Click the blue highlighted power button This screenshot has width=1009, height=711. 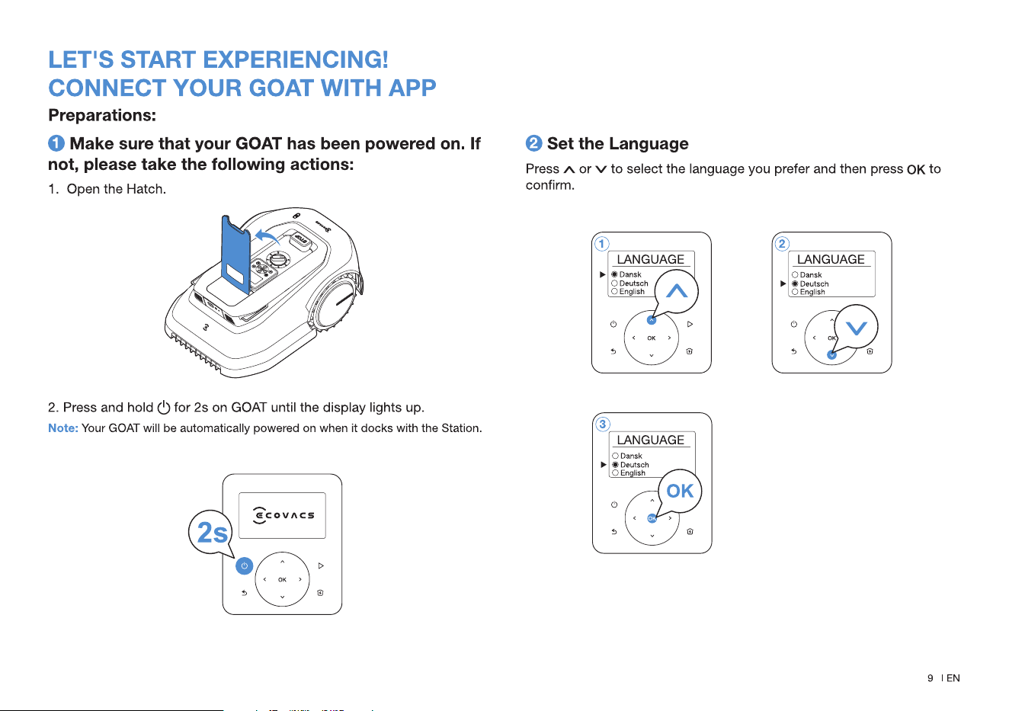pos(244,566)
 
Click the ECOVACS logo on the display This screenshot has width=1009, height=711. pos(283,515)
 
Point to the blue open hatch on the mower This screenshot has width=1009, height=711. pos(235,255)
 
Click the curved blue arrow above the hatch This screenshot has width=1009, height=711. pos(267,236)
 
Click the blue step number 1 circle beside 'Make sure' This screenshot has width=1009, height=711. pos(56,143)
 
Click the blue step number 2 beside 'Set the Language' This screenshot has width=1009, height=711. pos(533,143)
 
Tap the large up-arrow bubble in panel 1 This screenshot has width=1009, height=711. pos(676,292)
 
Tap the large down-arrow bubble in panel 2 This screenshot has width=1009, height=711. pos(856,328)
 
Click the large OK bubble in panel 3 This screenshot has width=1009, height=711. pos(680,491)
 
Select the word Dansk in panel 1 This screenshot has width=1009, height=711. pos(630,274)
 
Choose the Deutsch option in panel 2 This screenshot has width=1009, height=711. pos(814,283)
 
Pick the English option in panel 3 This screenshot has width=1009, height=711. pos(633,472)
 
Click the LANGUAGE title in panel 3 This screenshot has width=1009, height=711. pos(651,440)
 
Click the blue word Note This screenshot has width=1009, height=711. pos(63,428)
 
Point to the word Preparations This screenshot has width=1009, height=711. pos(102,115)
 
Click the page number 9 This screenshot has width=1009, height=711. pos(931,678)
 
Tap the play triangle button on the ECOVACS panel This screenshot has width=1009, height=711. pos(321,565)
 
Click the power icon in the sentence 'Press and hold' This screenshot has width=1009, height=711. pos(164,407)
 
